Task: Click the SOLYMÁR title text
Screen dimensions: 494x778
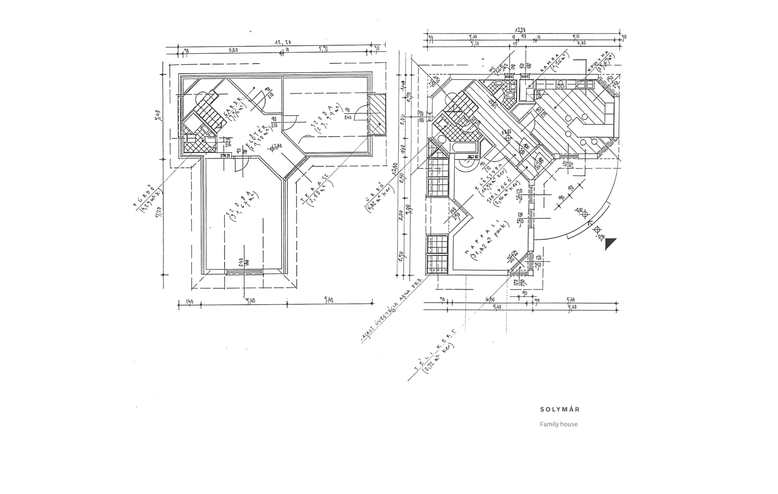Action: (x=560, y=409)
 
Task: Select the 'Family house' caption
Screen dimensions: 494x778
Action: (x=559, y=424)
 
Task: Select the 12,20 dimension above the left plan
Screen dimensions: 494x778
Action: (x=283, y=42)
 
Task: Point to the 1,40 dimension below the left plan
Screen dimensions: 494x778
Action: (x=190, y=301)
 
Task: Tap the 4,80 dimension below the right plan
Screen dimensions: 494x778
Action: (x=490, y=300)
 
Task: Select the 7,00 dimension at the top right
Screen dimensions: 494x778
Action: (x=581, y=43)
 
